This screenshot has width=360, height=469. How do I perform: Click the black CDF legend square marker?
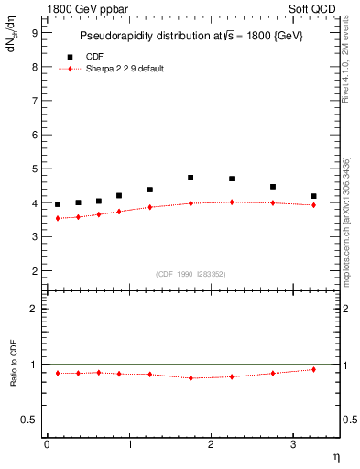click(70, 57)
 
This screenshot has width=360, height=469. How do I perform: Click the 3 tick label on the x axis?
click(292, 444)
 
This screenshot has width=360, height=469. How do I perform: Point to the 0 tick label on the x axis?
click(47, 444)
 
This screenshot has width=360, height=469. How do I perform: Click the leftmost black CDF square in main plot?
click(58, 204)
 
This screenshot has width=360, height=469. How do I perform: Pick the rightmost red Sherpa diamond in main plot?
click(313, 205)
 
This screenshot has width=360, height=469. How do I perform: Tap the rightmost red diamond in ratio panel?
click(313, 369)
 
